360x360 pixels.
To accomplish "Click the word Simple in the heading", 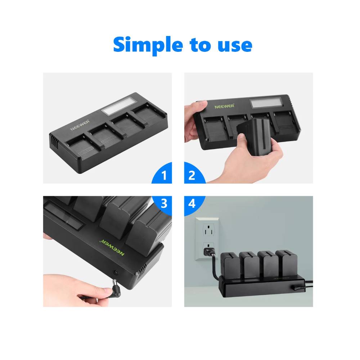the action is coord(148,45).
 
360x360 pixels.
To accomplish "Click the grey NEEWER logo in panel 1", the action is coord(80,125).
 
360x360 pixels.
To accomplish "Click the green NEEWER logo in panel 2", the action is coord(225,106).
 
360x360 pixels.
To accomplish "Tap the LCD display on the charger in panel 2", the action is coord(266,103).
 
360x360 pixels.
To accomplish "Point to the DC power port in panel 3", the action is coord(116,273).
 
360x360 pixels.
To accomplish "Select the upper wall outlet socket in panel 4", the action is coord(208,230).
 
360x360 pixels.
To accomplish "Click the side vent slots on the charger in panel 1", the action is coord(54,141).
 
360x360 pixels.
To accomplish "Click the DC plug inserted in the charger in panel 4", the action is coord(298,287).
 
